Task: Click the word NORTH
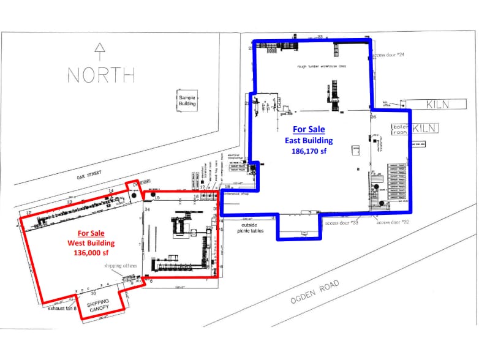tap(101, 75)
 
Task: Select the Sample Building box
tap(187, 101)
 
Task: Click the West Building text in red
tap(91, 243)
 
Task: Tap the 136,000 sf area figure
tap(91, 253)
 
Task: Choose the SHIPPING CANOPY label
tap(97, 306)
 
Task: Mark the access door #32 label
tap(392, 222)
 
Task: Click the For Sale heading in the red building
tap(91, 233)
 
